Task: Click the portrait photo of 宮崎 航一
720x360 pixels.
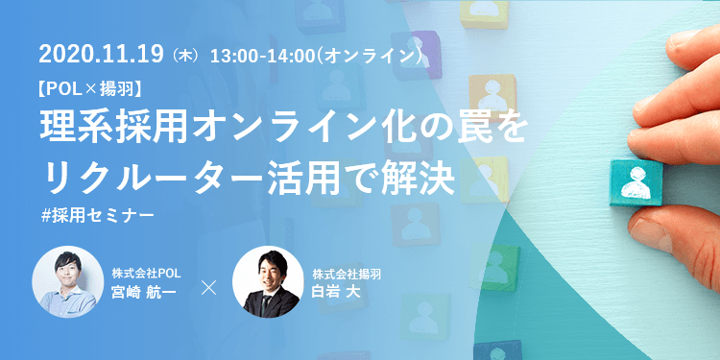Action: click(67, 282)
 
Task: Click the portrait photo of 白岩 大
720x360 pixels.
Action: click(268, 282)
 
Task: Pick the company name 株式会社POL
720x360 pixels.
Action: click(144, 274)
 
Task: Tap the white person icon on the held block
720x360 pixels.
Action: click(635, 181)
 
